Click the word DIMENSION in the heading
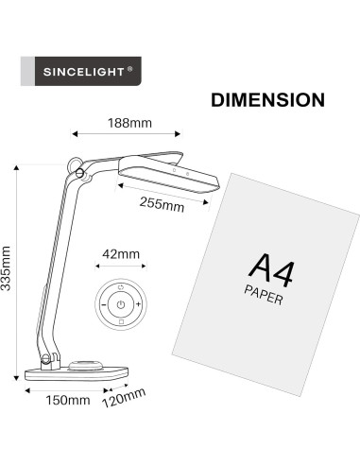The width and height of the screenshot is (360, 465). coord(268,100)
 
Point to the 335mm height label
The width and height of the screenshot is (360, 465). coord(9,270)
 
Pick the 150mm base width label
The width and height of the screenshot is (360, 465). coord(68,399)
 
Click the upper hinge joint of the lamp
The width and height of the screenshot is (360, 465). coord(77,170)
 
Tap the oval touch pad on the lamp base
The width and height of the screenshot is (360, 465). coord(86,364)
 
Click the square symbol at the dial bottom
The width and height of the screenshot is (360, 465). coord(120,323)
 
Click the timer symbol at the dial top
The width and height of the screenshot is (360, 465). coord(120,287)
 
